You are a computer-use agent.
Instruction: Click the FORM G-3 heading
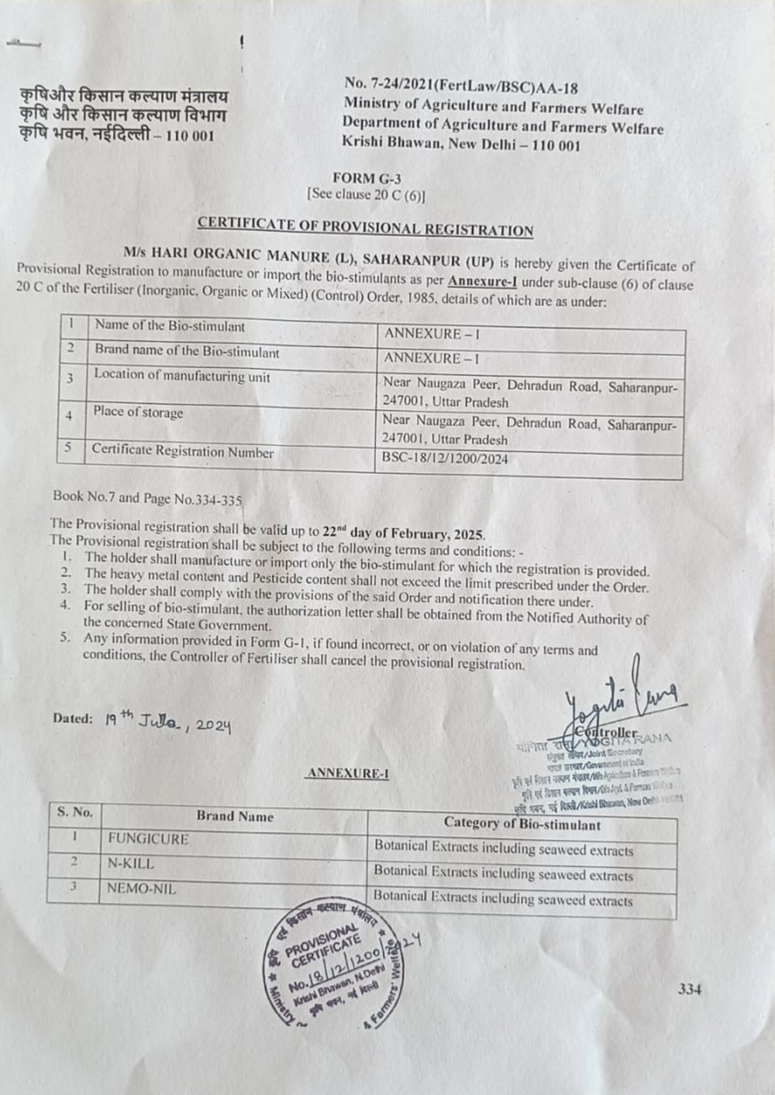[x=367, y=178]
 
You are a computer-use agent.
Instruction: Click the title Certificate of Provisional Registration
[x=365, y=227]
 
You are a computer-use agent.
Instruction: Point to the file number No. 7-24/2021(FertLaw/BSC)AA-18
[x=461, y=87]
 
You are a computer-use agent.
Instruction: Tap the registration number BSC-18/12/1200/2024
[x=446, y=458]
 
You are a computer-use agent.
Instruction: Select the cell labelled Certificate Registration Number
[x=182, y=451]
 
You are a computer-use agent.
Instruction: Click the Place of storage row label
[x=138, y=412]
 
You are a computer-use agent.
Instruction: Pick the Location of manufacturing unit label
[x=182, y=376]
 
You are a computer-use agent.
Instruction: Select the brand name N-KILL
[x=131, y=863]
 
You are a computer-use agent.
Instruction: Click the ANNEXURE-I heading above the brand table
[x=348, y=773]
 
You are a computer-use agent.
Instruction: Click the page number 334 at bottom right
[x=689, y=989]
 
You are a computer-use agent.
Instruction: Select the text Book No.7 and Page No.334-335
[x=147, y=499]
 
